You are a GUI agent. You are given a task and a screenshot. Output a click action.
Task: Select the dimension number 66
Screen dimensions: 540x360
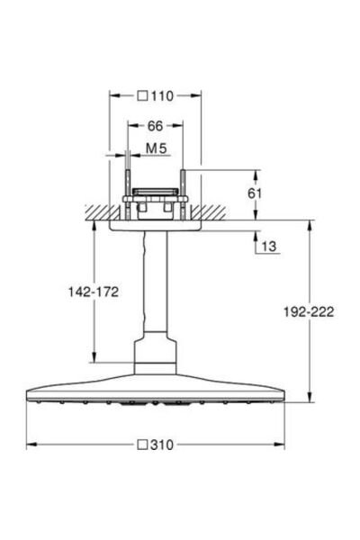click(155, 127)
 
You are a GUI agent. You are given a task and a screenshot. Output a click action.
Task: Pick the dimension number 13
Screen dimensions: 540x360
click(268, 246)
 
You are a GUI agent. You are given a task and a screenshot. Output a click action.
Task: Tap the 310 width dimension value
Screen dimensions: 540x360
click(162, 444)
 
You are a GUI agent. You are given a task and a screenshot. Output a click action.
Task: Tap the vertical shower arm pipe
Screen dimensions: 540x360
click(155, 288)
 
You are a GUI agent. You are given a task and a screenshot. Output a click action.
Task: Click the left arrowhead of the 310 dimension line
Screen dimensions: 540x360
click(29, 444)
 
